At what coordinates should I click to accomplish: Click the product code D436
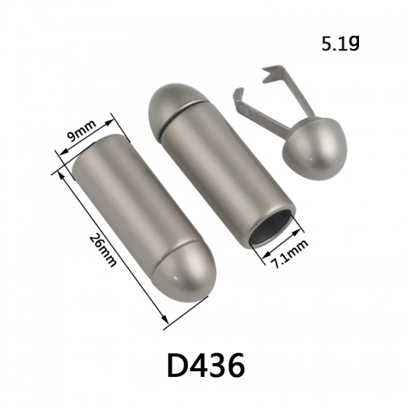206,366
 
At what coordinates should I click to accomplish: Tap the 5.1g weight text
340,44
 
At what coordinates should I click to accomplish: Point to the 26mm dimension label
103,251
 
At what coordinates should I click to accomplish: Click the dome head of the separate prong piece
315,149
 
